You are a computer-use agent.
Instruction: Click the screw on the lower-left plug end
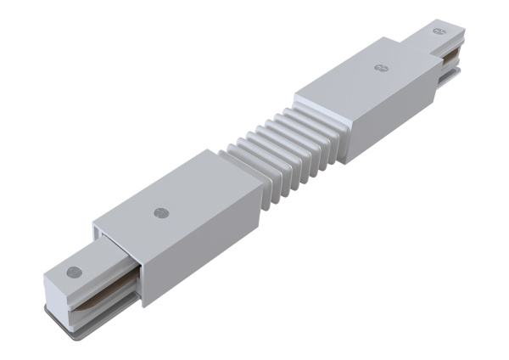point(75,273)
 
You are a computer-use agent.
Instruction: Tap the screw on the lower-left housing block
point(159,211)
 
